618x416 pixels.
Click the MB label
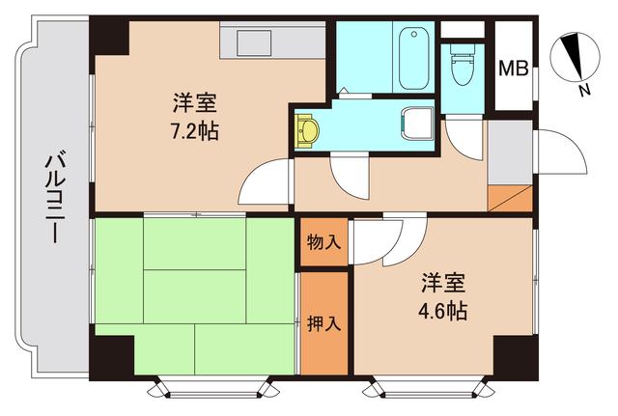513,69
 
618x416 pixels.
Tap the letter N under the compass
584,91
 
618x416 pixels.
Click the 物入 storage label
323,241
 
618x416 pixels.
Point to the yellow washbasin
309,129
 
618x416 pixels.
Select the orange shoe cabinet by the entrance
510,197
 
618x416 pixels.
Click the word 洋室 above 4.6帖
443,284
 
